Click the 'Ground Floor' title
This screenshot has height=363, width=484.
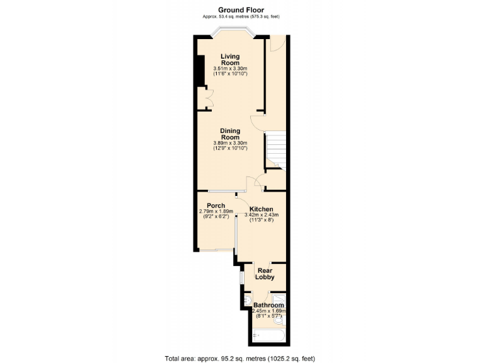241,9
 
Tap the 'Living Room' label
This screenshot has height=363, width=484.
229,60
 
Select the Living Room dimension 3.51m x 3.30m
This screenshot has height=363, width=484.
229,68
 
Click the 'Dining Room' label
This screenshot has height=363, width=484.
229,134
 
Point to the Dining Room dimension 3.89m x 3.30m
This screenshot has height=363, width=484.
229,143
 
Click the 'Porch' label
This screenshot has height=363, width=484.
216,205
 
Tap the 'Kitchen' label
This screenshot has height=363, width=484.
261,209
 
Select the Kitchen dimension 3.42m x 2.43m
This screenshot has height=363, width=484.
261,215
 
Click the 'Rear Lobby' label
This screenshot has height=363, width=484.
264,275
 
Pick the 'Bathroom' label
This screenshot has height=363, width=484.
269,305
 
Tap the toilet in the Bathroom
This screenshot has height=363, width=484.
280,320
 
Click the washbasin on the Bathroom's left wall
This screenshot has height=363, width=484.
247,300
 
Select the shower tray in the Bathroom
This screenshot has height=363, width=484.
280,300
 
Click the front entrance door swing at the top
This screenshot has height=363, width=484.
277,42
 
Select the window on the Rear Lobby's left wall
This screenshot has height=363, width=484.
241,277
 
